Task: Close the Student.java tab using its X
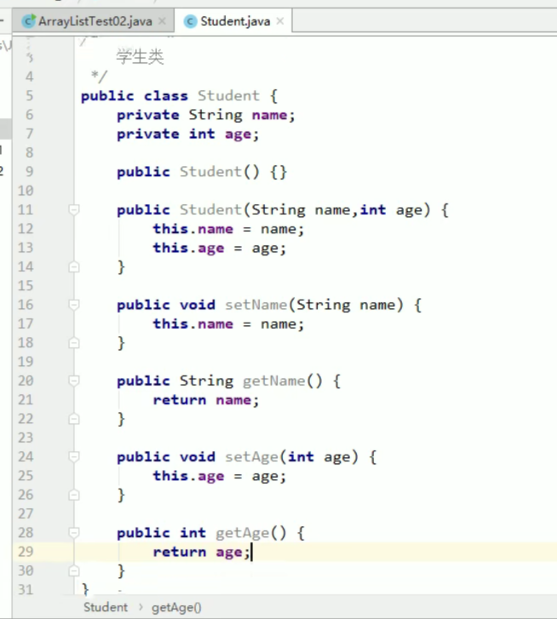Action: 280,21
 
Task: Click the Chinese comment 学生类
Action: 140,57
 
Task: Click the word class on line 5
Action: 165,96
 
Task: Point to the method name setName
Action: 256,305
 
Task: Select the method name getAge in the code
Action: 243,533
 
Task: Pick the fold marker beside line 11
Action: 74,209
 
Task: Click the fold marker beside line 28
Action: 74,533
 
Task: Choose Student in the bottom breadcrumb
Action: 106,607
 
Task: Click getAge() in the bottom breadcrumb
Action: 177,607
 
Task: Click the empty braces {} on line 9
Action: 278,172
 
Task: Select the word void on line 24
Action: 198,457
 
